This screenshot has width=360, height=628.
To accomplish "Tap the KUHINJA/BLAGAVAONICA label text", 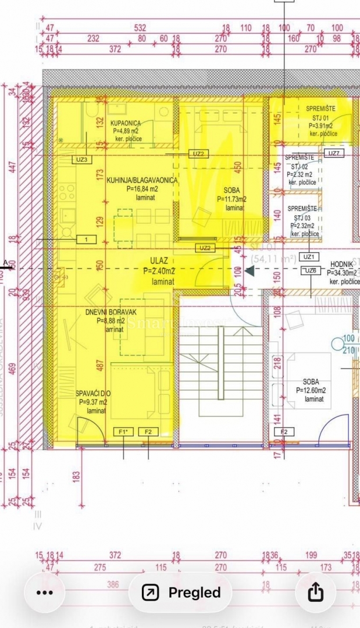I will point(141,180).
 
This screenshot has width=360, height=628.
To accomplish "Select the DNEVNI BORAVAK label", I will point(105,312).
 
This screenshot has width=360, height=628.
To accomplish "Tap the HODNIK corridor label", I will point(342,264).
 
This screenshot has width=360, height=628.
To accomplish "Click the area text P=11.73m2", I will point(231,199).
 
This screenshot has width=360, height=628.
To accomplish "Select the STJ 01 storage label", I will point(320,117).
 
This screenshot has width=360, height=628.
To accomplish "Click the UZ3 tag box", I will point(81,159).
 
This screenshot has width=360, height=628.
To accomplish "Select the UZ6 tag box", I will point(311,270).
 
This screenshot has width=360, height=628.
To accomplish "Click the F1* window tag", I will point(123,431).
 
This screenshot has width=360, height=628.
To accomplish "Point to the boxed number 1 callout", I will point(86,239).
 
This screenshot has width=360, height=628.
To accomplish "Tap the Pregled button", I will point(181,593).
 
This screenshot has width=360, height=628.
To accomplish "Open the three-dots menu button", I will point(45,593).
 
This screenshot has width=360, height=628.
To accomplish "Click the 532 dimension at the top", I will point(140,27).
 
